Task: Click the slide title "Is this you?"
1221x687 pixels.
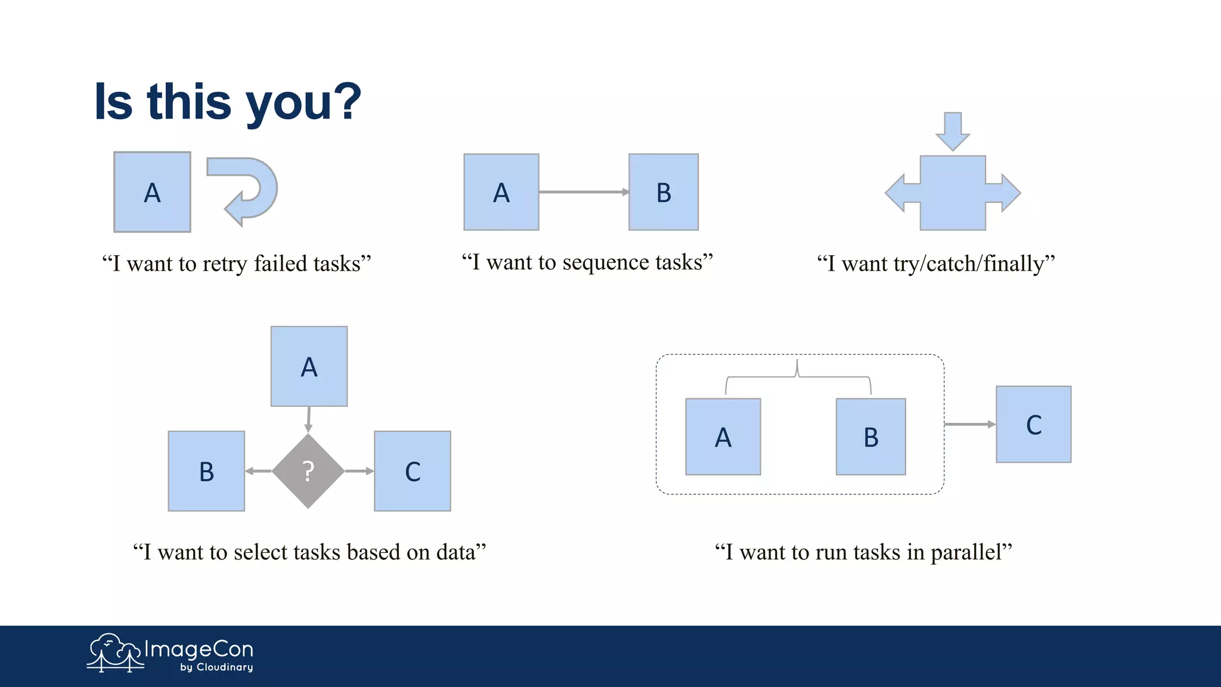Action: click(x=228, y=101)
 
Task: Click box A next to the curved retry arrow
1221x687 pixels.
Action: click(x=152, y=192)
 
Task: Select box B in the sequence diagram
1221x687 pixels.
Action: click(x=664, y=192)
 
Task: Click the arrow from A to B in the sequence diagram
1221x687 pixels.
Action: click(x=583, y=192)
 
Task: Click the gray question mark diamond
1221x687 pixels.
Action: click(x=308, y=471)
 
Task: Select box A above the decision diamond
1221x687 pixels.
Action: click(x=309, y=366)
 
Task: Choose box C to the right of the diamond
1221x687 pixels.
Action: click(x=413, y=471)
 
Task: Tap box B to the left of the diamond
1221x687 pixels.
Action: click(x=206, y=471)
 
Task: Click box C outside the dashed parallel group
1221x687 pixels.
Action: click(x=1034, y=424)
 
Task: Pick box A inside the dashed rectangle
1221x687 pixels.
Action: click(x=723, y=437)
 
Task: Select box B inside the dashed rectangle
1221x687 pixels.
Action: click(x=871, y=437)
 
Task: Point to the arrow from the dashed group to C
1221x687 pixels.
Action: click(x=969, y=424)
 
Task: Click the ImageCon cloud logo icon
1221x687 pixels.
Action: click(x=114, y=652)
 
